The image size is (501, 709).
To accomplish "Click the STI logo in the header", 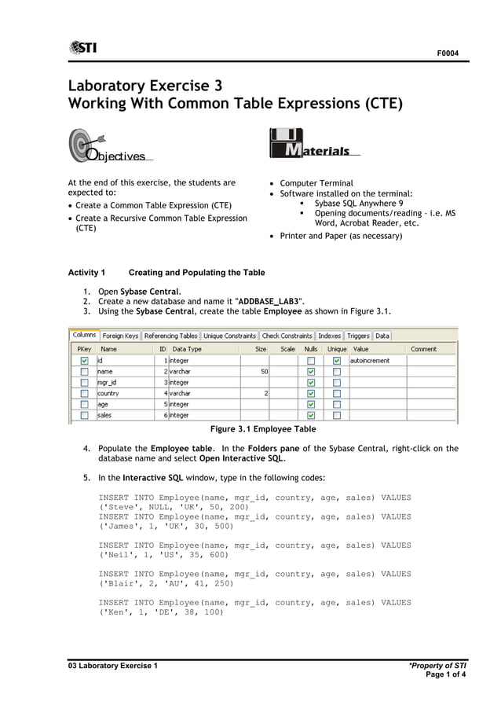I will tap(82, 48).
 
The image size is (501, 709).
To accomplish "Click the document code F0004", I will tap(448, 53).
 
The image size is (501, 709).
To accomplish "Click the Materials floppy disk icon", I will tap(284, 143).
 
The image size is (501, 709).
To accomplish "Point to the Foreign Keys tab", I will tap(120, 336).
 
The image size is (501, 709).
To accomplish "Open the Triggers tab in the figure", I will tap(358, 336).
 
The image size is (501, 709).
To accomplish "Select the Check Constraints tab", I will tap(287, 336).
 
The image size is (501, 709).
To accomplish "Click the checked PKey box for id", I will tap(84, 361).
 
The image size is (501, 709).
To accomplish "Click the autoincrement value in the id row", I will tap(369, 361).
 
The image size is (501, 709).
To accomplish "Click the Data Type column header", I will tap(187, 349).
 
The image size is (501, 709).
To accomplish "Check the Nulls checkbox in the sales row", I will tap(311, 415).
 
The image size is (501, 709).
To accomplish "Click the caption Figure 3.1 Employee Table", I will tap(263, 429).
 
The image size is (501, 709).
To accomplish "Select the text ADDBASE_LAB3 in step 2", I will tap(269, 301).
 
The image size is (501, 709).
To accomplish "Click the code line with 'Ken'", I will tap(161, 613).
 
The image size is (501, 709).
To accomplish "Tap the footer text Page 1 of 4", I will tap(445, 675).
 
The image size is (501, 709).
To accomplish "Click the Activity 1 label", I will tap(86, 273).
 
